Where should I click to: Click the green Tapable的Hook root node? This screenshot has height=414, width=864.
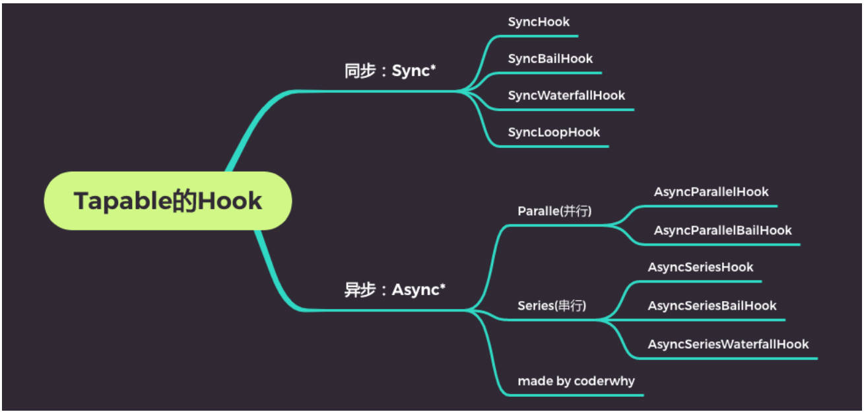[168, 201]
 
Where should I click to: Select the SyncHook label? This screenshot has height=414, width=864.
[539, 22]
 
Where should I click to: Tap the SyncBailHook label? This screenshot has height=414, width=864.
[550, 59]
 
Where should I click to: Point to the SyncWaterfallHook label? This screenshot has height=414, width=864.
[566, 95]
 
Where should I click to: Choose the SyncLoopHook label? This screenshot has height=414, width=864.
[554, 132]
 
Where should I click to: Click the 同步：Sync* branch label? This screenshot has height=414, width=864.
[390, 71]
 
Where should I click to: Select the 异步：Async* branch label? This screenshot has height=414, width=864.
[395, 290]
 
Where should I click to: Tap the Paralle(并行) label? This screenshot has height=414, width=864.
[554, 211]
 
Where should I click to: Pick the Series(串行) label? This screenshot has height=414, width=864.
[552, 306]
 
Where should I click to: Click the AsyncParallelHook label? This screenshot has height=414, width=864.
[711, 191]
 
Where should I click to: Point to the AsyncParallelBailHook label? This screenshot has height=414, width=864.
[723, 230]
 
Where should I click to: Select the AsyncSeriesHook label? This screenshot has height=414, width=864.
[700, 267]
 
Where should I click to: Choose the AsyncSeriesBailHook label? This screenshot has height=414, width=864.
[712, 306]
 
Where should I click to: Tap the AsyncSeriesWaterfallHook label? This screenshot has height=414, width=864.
[728, 344]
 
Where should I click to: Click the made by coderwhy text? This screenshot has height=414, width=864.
[576, 381]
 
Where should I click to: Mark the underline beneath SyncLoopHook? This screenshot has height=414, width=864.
[552, 147]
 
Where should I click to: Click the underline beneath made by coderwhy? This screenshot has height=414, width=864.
[575, 395]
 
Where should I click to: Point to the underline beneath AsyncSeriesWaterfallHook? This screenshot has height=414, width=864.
[727, 359]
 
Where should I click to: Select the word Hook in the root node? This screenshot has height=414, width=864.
[230, 201]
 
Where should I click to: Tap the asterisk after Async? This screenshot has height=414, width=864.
[442, 286]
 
